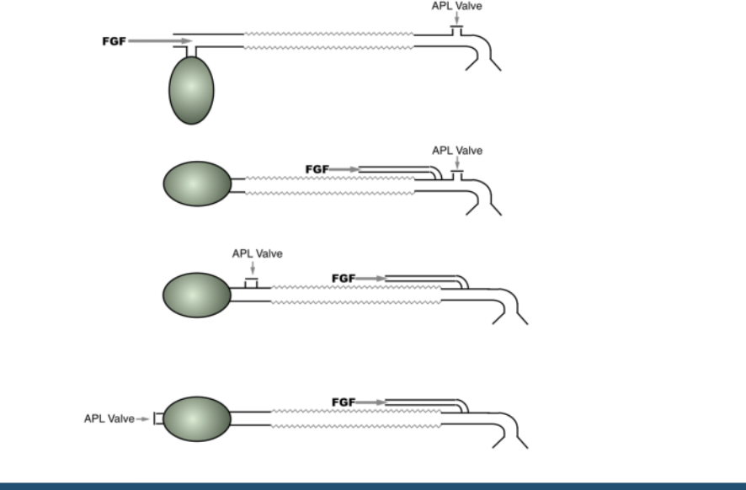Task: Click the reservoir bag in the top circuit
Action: pyautogui.click(x=192, y=90)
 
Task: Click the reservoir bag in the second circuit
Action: pyautogui.click(x=195, y=184)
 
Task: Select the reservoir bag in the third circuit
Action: pyautogui.click(x=195, y=295)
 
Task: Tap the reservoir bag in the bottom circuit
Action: pyautogui.click(x=195, y=418)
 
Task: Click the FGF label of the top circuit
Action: pyautogui.click(x=109, y=40)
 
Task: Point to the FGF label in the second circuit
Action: pyautogui.click(x=317, y=169)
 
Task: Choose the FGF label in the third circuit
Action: pyautogui.click(x=344, y=278)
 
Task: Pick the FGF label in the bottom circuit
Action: pyautogui.click(x=344, y=402)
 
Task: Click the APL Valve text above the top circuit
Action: pyautogui.click(x=456, y=6)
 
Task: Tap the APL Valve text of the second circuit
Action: pyautogui.click(x=457, y=151)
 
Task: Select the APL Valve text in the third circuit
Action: pyautogui.click(x=258, y=253)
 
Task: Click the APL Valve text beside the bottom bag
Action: pyautogui.click(x=109, y=418)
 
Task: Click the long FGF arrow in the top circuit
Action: pyautogui.click(x=160, y=40)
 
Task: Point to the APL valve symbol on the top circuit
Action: pyautogui.click(x=456, y=30)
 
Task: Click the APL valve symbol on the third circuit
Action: pyautogui.click(x=251, y=283)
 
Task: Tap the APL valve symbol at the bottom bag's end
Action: pyautogui.click(x=157, y=418)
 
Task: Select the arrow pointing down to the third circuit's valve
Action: pyautogui.click(x=251, y=266)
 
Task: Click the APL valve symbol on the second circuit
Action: pyautogui.click(x=456, y=174)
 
